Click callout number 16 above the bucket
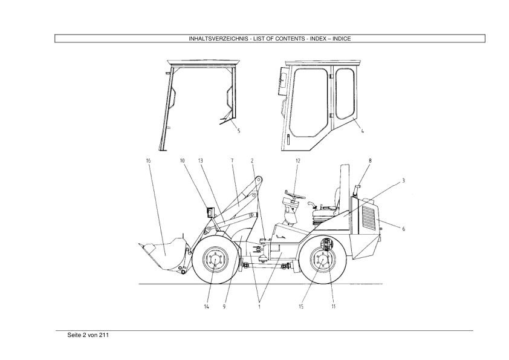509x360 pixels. [148, 160]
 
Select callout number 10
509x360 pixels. [182, 160]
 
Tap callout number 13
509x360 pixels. [201, 160]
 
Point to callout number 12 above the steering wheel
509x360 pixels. [298, 160]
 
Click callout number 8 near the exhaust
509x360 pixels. [370, 160]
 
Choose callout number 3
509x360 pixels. [403, 181]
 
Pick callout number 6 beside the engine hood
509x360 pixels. [404, 229]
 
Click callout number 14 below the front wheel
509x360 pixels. [207, 306]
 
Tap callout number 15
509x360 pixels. [301, 306]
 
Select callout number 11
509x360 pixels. [333, 306]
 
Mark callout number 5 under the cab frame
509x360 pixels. [239, 131]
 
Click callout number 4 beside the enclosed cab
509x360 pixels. [363, 131]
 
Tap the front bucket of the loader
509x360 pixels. [164, 254]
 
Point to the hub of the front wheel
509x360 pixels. [213, 260]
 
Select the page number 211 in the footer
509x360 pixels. [104, 335]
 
